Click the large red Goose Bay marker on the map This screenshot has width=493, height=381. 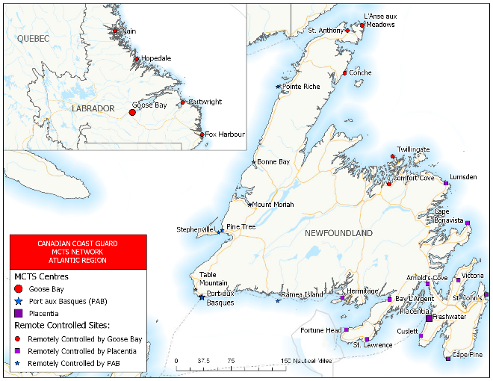click(132, 113)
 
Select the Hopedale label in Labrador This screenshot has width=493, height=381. click(155, 58)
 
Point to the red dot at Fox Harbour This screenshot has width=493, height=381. click(202, 134)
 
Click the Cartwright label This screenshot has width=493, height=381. click(205, 102)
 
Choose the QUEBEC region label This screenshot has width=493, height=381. click(32, 38)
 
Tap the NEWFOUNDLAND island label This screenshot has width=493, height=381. click(338, 234)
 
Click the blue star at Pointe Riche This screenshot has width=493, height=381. click(279, 87)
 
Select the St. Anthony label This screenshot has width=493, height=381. click(326, 31)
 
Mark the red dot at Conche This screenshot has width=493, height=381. click(345, 73)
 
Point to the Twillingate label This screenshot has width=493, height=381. click(413, 149)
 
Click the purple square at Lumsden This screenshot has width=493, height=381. click(446, 183)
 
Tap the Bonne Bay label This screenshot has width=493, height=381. click(273, 161)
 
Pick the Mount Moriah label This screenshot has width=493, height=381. click(273, 205)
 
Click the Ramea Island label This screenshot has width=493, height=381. click(303, 294)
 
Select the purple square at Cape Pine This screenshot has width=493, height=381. click(447, 359)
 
